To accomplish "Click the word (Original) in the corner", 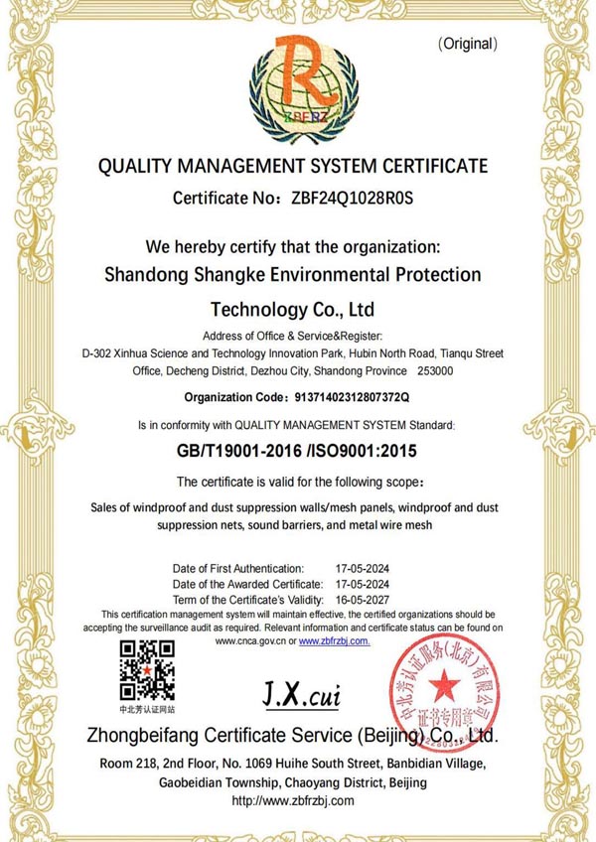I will [467, 44].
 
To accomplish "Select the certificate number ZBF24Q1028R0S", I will [352, 198].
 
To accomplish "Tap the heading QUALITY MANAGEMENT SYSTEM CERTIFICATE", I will [293, 166].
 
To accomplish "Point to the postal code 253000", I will [433, 371].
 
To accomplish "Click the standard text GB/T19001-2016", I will [244, 451].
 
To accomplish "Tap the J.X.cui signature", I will [301, 694].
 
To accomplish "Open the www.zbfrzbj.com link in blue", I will [334, 641].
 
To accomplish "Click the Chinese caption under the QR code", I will [147, 710].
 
